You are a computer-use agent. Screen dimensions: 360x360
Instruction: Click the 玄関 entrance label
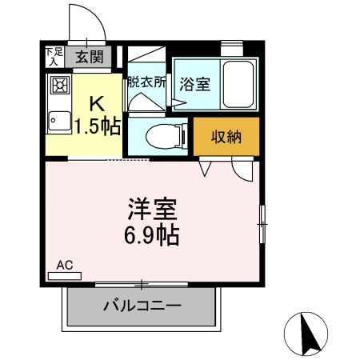click(x=90, y=56)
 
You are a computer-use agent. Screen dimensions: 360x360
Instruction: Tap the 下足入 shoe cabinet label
click(x=53, y=56)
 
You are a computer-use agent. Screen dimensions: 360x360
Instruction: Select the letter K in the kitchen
click(x=96, y=103)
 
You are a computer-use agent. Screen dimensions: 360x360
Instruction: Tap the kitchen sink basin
click(x=58, y=122)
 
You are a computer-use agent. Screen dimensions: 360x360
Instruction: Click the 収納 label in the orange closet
click(x=226, y=138)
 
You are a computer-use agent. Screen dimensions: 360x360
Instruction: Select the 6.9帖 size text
click(x=152, y=236)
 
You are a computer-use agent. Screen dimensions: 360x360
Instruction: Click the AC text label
click(x=64, y=264)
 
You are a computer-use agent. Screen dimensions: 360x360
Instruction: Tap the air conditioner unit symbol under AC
click(x=64, y=275)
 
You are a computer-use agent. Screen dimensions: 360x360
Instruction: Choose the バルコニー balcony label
click(x=142, y=306)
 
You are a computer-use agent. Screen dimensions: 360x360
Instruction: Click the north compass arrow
click(x=306, y=328)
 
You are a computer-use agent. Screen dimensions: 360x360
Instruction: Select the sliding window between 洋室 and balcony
click(x=142, y=283)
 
